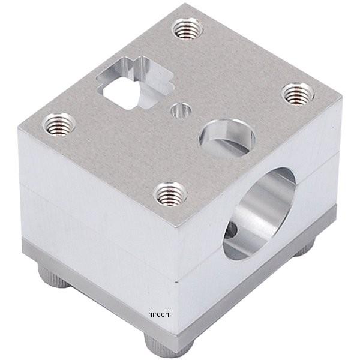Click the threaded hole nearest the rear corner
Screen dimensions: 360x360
[x=187, y=28]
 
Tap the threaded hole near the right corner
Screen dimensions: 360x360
[x=297, y=94]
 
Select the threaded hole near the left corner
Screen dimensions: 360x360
[x=59, y=124]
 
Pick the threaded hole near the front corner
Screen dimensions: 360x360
[x=170, y=194]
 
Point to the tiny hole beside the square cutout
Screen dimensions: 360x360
[x=181, y=110]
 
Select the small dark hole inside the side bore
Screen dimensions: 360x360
[x=231, y=229]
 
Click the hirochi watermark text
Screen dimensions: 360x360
[x=160, y=314]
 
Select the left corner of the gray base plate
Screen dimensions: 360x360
[x=23, y=240]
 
